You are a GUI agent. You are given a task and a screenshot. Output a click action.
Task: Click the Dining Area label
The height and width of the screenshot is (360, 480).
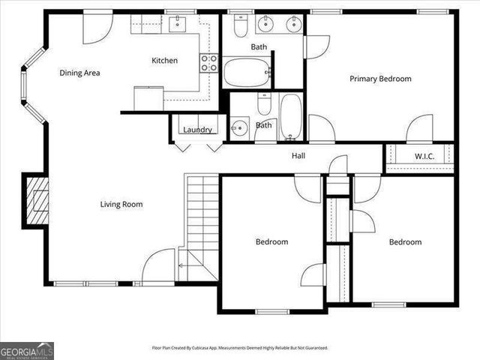pos(80,73)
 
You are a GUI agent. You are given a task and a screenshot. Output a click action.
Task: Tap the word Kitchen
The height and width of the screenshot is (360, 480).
pos(164,61)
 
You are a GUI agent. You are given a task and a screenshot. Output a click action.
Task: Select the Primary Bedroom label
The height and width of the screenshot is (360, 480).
pos(380,78)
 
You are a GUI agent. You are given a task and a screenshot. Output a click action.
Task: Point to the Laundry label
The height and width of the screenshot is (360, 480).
pos(197,130)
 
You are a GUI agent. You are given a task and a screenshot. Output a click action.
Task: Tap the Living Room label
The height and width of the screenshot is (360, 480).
pos(121,204)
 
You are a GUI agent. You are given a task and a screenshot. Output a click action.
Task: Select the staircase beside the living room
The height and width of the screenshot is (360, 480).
pos(201,225)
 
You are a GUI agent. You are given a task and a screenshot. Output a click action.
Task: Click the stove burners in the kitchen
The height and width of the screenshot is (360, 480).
pos(209,62)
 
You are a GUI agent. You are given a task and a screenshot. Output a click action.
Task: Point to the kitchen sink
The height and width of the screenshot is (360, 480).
pos(178,25)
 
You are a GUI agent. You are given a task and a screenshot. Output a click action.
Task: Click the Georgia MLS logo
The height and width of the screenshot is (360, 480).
pos(27,351)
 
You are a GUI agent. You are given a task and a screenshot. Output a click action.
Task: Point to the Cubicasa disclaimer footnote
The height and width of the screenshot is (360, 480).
pos(239,348)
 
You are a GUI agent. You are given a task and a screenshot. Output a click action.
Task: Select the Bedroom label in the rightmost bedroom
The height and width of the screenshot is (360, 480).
pos(404,241)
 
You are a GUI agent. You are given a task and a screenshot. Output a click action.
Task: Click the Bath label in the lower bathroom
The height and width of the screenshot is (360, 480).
pos(263,125)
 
